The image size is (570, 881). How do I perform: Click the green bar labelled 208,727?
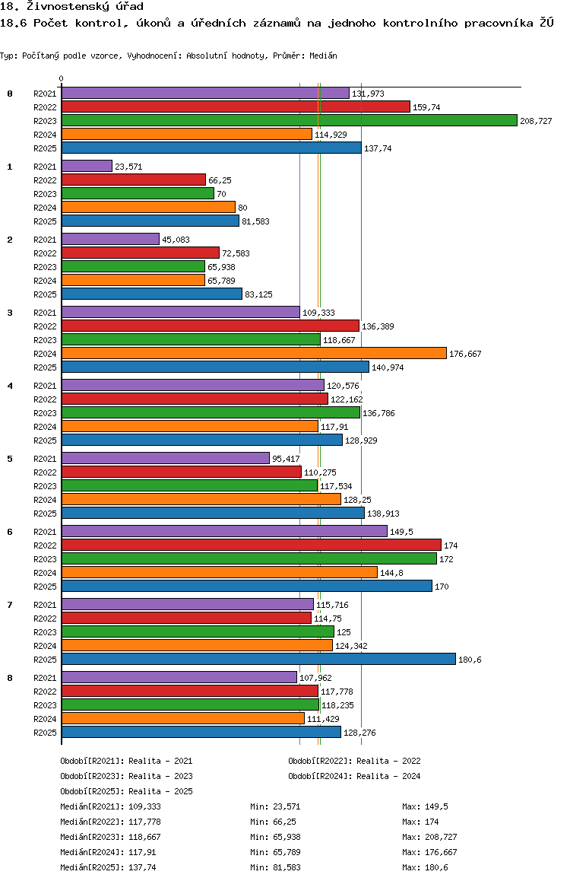click(290, 120)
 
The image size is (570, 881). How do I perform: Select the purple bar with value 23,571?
click(87, 166)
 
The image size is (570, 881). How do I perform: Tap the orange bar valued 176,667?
click(254, 353)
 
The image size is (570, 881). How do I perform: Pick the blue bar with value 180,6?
click(258, 659)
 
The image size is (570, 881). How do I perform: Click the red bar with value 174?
click(252, 545)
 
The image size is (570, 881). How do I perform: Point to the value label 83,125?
click(258, 294)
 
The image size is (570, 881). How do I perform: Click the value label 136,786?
click(378, 413)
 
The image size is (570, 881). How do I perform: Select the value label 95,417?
click(286, 459)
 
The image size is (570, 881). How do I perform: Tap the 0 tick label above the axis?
click(61, 78)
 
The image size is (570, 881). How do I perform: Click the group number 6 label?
click(10, 532)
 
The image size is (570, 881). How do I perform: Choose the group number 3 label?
click(10, 313)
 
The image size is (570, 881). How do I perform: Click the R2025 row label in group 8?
click(45, 733)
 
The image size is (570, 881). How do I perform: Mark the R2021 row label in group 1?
click(45, 167)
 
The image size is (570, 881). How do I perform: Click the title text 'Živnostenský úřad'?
click(84, 6)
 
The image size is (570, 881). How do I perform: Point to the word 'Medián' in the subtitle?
click(323, 56)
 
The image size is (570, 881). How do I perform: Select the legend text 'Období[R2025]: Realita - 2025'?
click(126, 791)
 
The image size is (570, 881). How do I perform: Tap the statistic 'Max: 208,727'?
click(429, 837)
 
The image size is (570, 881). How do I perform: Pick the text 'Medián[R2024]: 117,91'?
click(108, 852)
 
